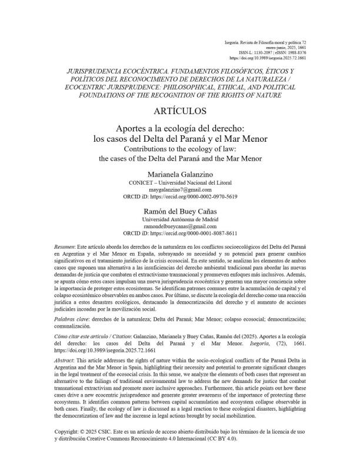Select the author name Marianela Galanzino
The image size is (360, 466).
tap(180, 175)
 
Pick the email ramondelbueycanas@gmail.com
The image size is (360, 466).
tap(180, 225)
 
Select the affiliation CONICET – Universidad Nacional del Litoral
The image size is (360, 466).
tap(180, 182)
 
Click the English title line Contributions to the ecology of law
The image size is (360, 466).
tap(180, 149)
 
